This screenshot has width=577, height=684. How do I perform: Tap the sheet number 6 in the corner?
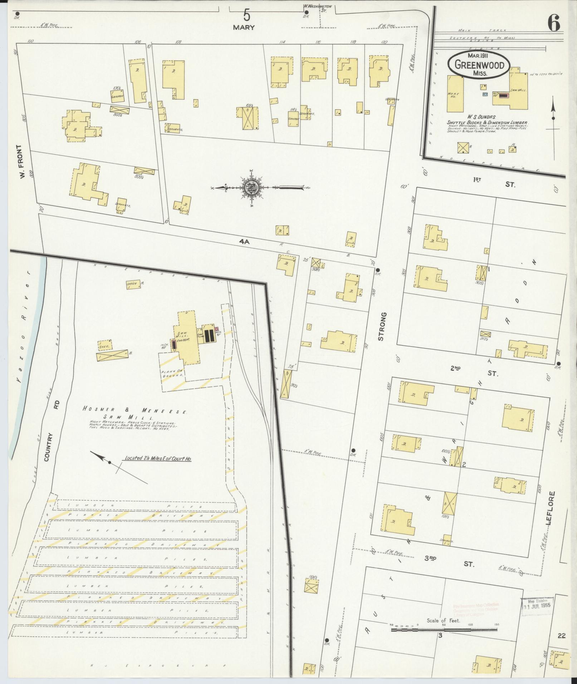click(x=553, y=24)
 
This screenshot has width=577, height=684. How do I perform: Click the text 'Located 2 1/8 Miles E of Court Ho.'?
click(x=157, y=458)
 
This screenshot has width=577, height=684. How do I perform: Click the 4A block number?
click(x=244, y=242)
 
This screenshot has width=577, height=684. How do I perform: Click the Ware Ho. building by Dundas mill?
click(x=455, y=94)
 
